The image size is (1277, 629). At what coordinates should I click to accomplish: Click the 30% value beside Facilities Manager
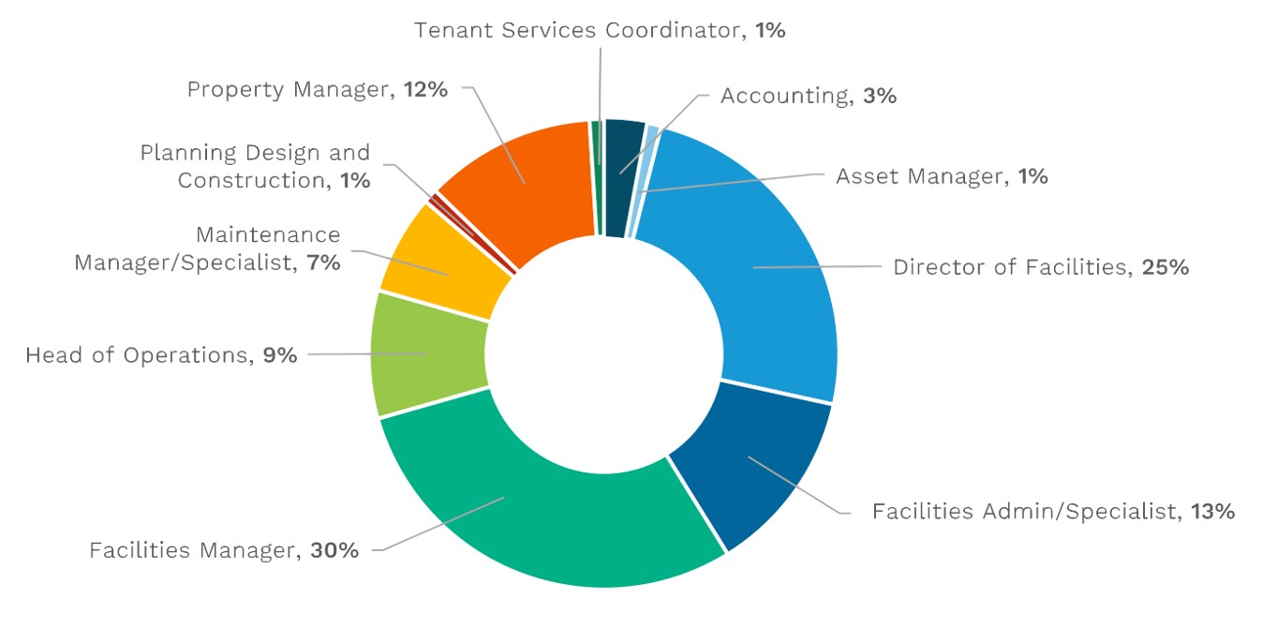tap(335, 550)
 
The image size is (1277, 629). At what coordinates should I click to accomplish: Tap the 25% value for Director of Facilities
tap(1166, 267)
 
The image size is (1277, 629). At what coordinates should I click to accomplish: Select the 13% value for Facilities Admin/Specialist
tap(1212, 512)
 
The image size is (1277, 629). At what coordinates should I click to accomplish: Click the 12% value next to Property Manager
tap(425, 90)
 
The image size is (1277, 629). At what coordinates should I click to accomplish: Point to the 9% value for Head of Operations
tap(279, 355)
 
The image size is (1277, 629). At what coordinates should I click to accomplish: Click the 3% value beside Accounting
tap(881, 96)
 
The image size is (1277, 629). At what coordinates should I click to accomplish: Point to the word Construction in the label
tap(250, 180)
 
